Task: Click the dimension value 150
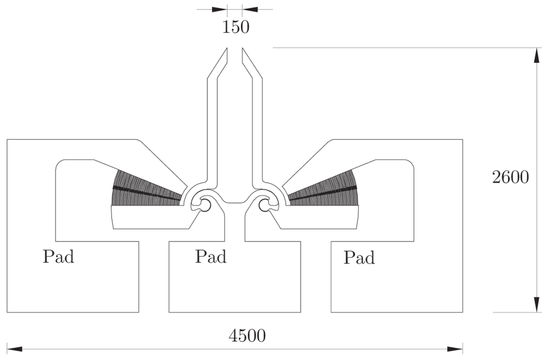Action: [236, 27]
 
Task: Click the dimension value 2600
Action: [510, 177]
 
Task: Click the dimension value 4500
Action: [247, 336]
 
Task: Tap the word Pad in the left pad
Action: [58, 257]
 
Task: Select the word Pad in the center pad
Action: [210, 256]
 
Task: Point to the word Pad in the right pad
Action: [359, 258]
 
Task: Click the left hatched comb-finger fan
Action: [144, 190]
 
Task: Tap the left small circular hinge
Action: [204, 204]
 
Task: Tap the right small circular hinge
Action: [265, 204]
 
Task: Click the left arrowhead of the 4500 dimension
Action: [14, 349]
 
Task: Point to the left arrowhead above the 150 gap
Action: [220, 9]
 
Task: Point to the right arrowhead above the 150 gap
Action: [249, 9]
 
